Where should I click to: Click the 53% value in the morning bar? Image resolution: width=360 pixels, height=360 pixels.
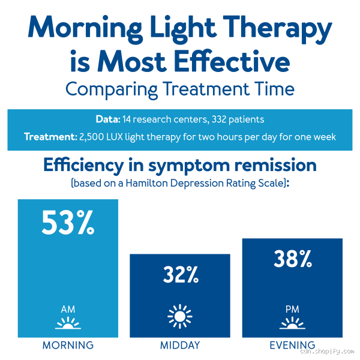[68, 223]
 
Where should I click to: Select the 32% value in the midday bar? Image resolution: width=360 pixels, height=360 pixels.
[180, 275]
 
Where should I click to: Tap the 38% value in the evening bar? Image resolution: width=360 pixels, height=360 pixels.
[292, 259]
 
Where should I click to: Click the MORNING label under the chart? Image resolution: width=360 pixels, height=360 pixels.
[68, 346]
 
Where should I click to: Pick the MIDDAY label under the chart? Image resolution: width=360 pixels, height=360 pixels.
[180, 346]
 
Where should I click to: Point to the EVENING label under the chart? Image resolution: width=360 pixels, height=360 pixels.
[292, 346]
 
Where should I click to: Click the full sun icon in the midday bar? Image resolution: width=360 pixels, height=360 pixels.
[180, 316]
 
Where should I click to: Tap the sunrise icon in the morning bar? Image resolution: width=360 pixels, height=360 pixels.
[68, 325]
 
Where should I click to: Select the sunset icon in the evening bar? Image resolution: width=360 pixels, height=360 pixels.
[292, 325]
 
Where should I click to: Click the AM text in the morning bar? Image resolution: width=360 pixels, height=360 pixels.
[68, 310]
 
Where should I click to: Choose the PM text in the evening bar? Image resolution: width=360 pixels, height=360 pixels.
[292, 310]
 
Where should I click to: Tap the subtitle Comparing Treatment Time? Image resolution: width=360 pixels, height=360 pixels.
[180, 89]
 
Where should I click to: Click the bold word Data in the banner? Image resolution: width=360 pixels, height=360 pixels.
[108, 119]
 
